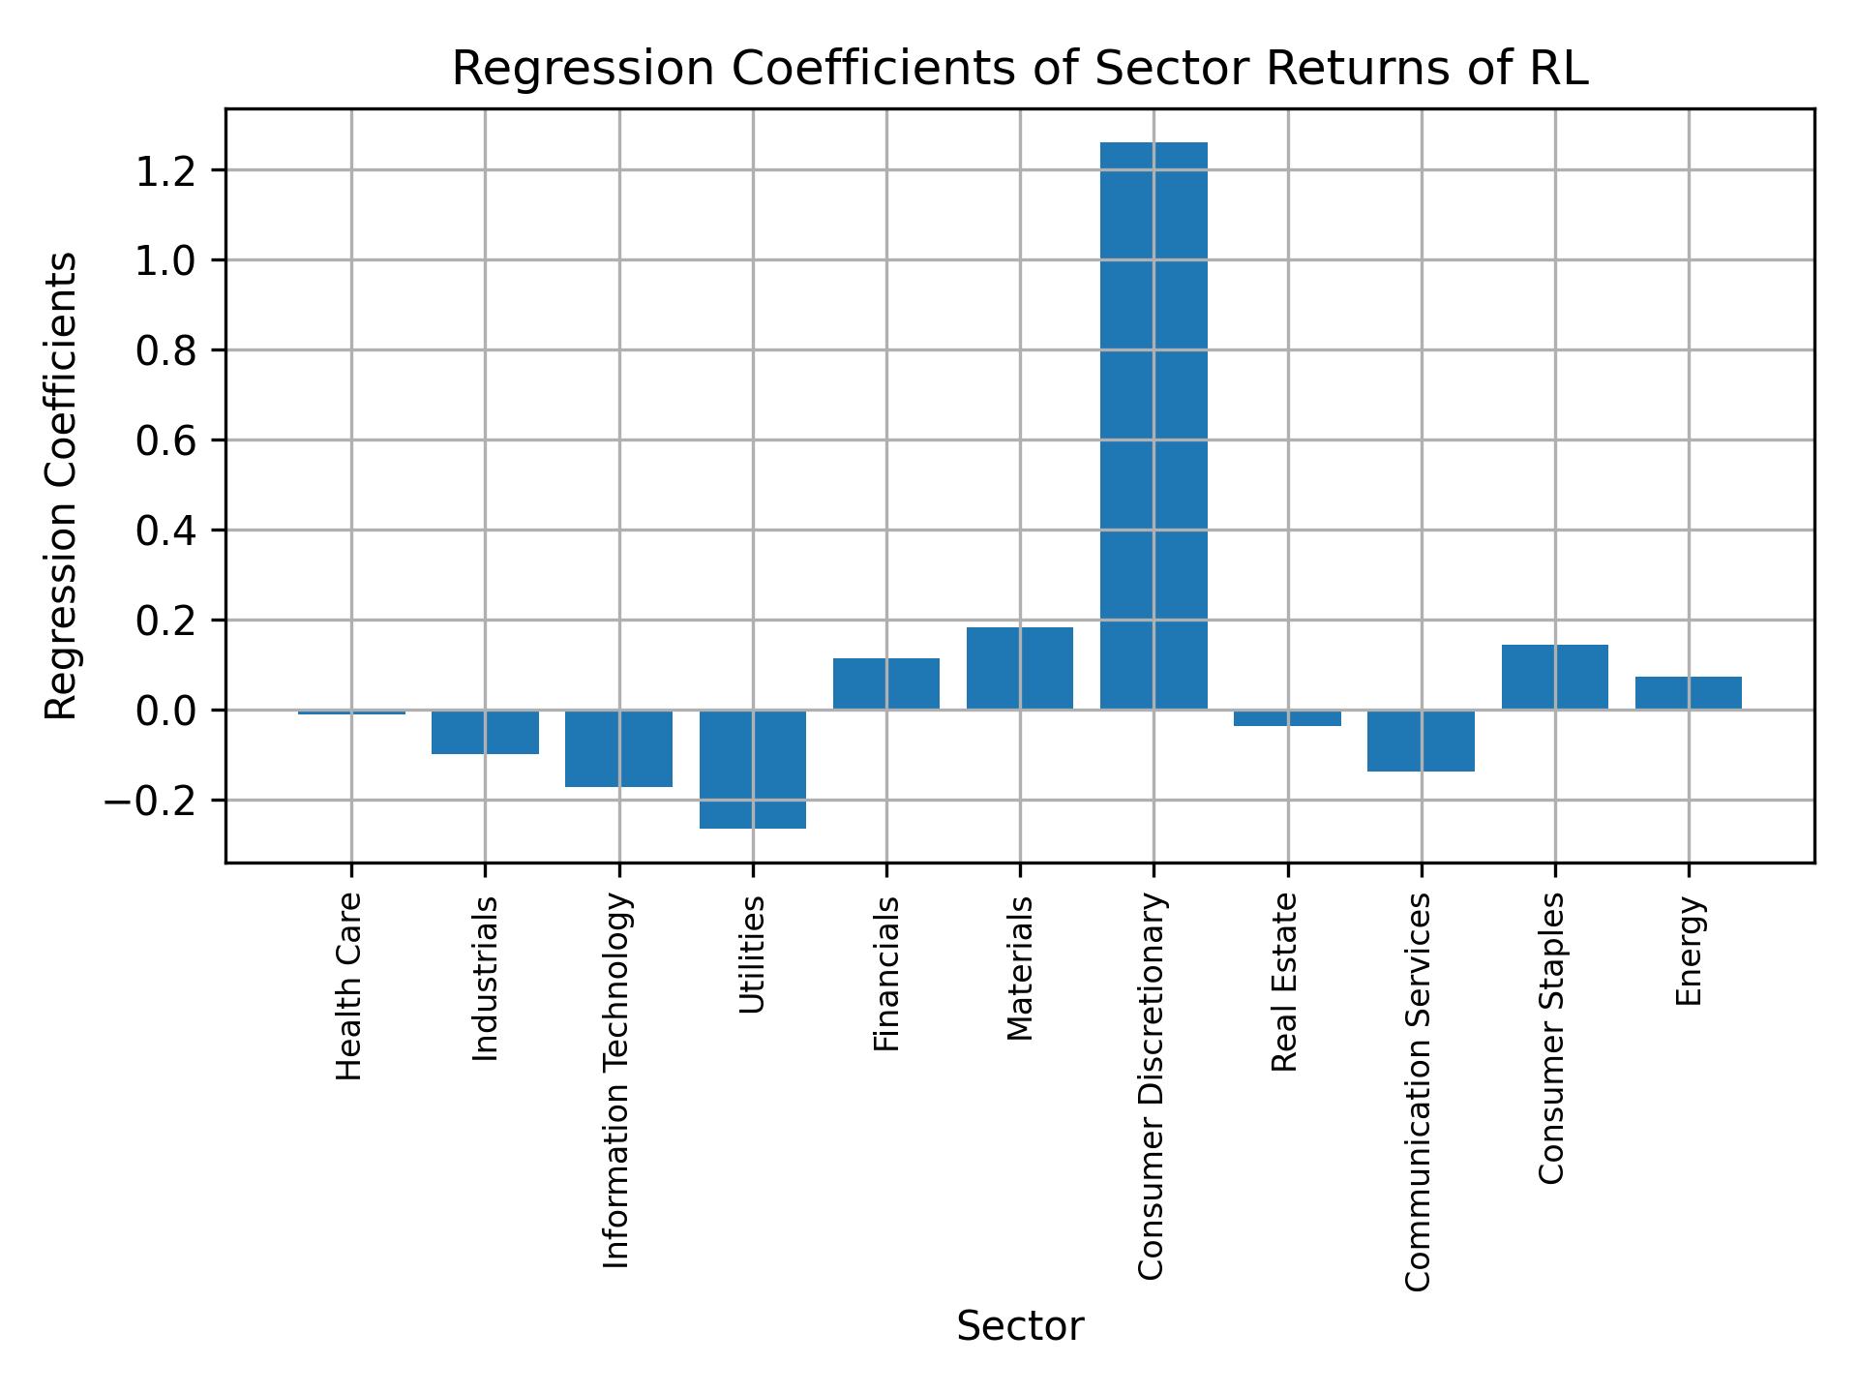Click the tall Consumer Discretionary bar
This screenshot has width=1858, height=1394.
(1154, 426)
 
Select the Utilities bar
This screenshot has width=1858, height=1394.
(753, 770)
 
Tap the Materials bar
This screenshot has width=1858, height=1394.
(1020, 669)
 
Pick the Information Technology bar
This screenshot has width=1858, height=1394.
(619, 748)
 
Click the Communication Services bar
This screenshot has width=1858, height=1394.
(1421, 741)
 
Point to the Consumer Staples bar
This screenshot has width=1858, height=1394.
(1554, 677)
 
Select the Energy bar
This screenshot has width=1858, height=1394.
(1688, 693)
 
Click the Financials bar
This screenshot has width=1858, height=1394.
(886, 683)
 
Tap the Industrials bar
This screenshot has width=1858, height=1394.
(485, 732)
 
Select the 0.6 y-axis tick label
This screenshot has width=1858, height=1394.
(165, 440)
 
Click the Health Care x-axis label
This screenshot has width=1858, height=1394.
(349, 985)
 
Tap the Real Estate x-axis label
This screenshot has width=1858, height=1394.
(1284, 983)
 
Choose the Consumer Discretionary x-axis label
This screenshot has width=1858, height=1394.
(1151, 1086)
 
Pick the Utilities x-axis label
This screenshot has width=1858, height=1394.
(752, 955)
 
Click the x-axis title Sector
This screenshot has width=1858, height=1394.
(1020, 1326)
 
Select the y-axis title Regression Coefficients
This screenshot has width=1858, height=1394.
(62, 486)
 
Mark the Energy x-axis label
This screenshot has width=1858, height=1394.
(1689, 951)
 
